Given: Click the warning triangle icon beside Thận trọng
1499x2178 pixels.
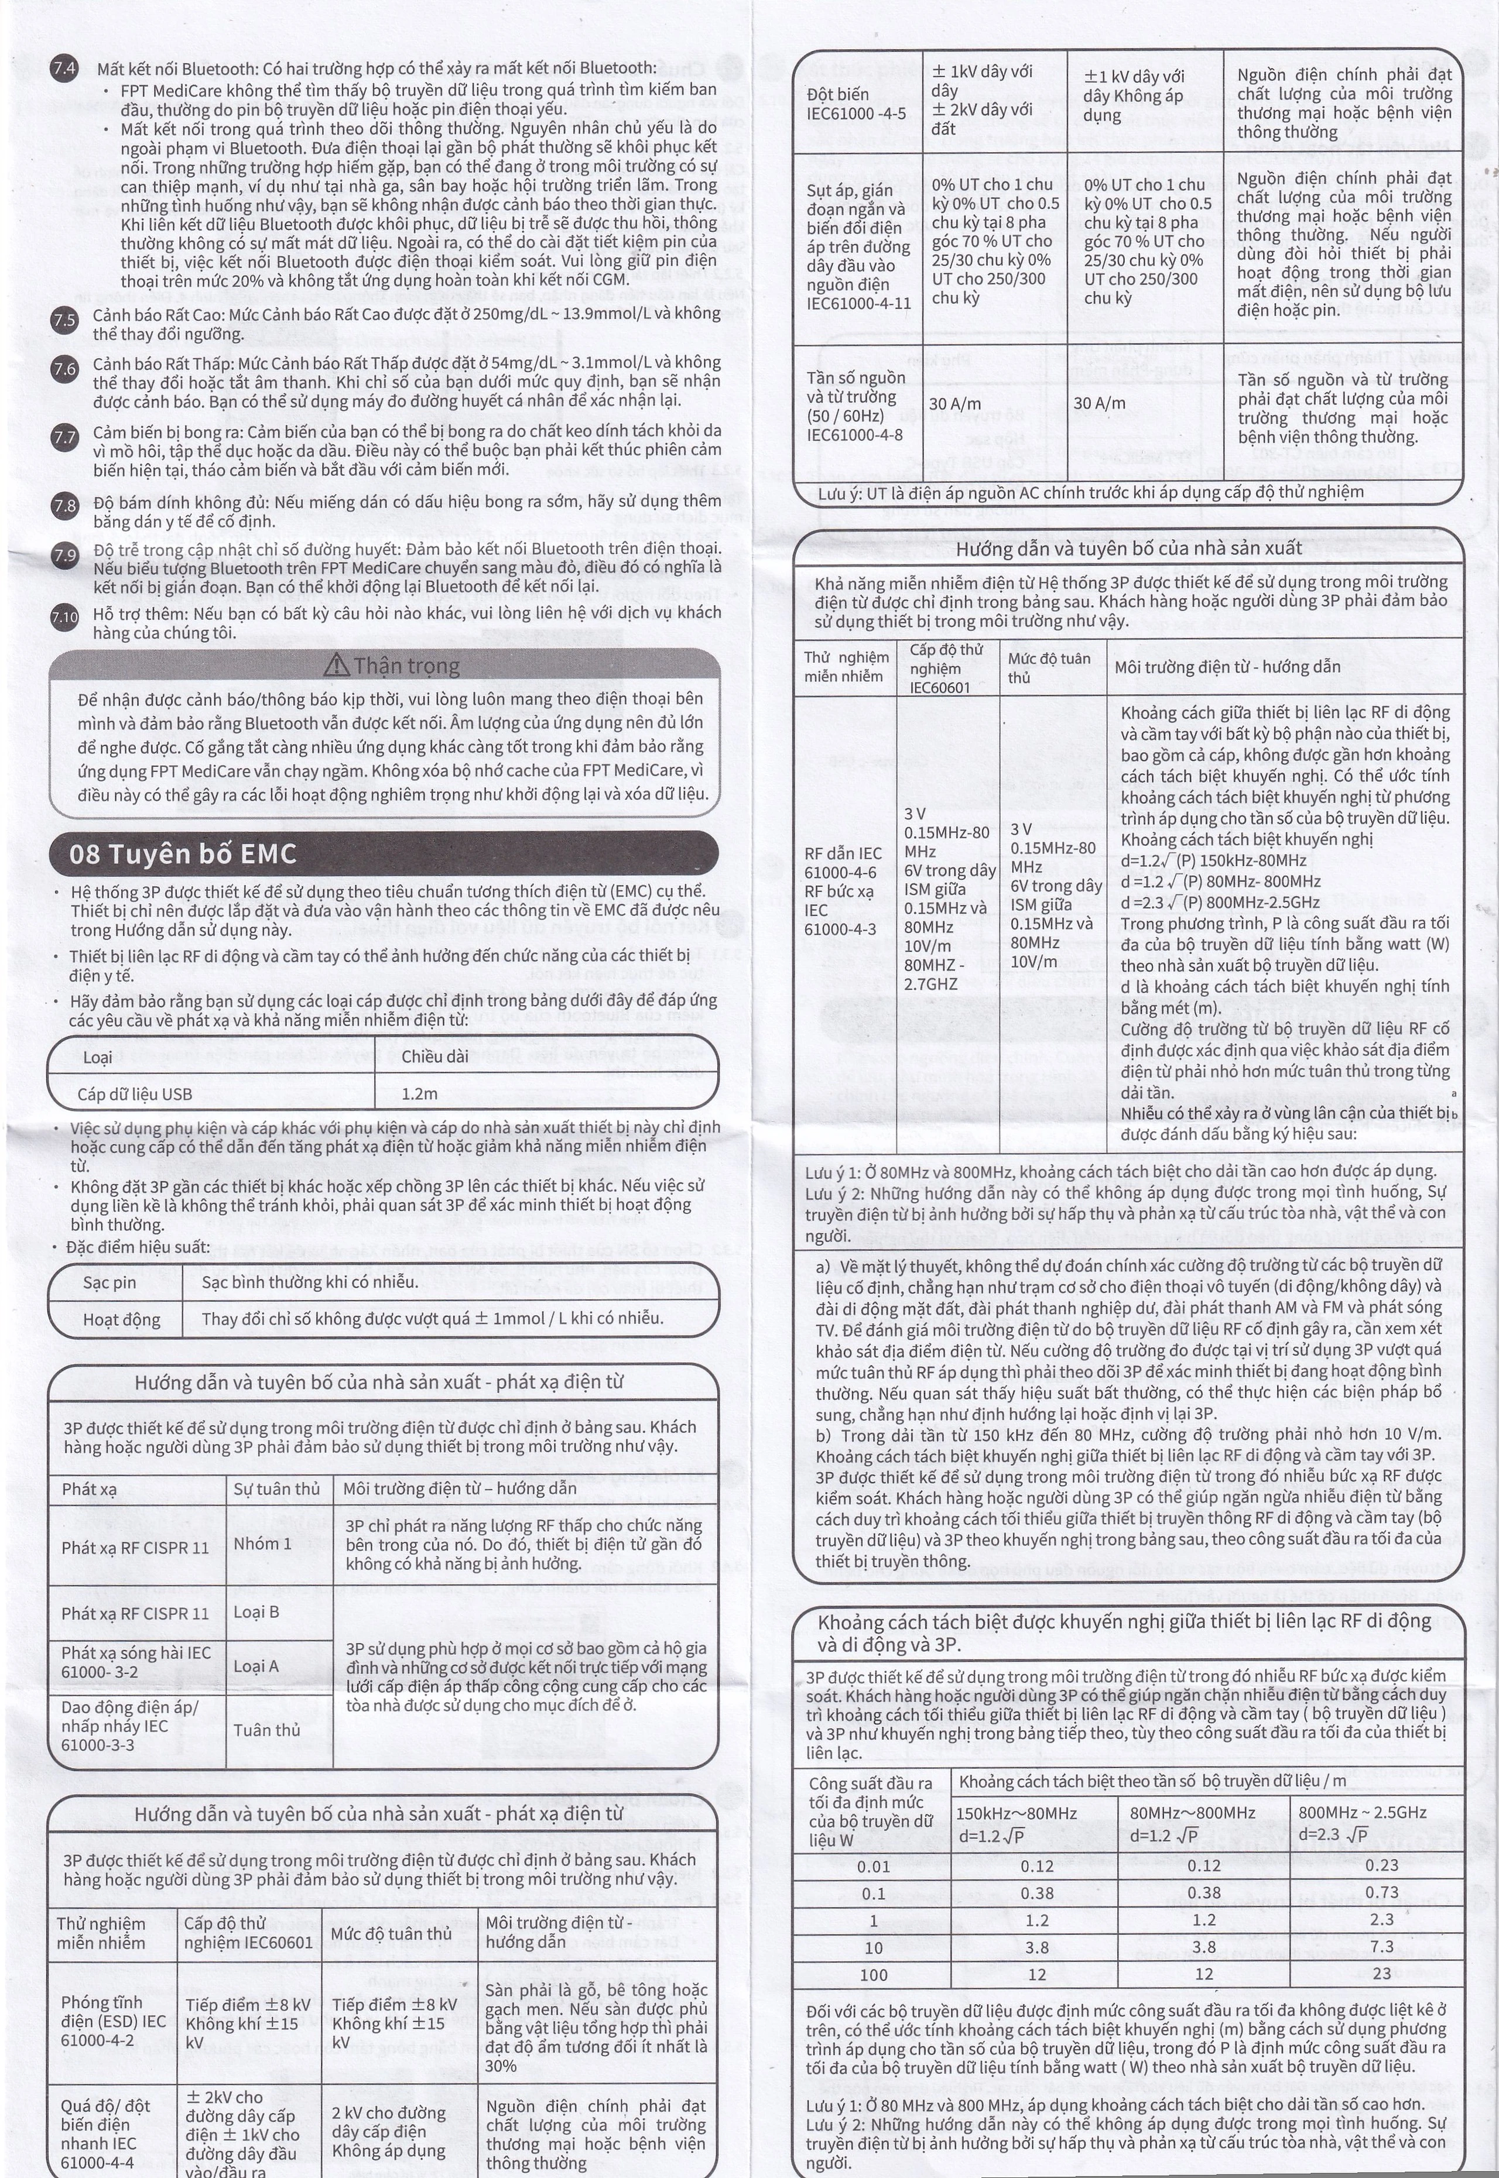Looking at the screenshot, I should (336, 666).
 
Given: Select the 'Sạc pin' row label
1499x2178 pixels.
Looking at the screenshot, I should (109, 1282).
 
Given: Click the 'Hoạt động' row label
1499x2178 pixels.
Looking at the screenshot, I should (121, 1319).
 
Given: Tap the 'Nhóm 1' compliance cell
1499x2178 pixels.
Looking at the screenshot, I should (262, 1544).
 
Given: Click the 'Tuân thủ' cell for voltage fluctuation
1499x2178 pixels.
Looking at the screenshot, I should (267, 1730).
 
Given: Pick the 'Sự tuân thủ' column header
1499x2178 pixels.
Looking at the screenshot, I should (276, 1489).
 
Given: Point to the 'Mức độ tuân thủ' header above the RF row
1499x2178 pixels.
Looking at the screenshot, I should (1049, 667).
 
